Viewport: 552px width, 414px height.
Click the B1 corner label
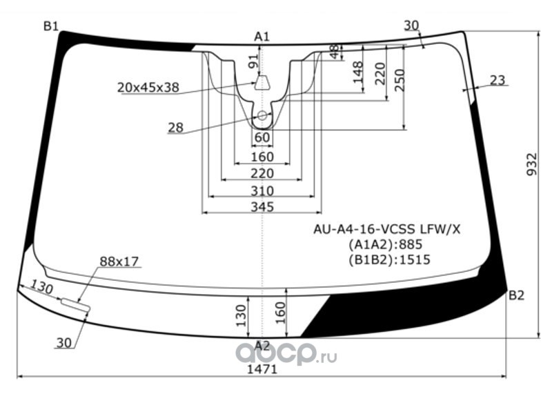(x=50, y=26)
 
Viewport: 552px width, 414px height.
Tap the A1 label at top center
(x=262, y=37)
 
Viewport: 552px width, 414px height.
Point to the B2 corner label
(x=516, y=295)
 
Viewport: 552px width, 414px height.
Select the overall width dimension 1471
(x=262, y=369)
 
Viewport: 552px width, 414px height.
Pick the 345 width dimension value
(x=262, y=206)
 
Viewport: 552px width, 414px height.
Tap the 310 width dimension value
(x=262, y=191)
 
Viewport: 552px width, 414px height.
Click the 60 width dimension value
(x=262, y=137)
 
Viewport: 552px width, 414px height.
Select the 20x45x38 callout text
(x=148, y=88)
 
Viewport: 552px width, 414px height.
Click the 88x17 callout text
(x=119, y=262)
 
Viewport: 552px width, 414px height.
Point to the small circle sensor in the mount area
(x=262, y=115)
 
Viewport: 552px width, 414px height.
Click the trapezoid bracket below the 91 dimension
(x=262, y=83)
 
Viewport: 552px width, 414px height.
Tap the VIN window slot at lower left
(x=76, y=304)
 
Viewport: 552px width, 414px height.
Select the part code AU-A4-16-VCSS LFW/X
(x=387, y=230)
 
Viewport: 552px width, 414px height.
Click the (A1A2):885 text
(x=386, y=244)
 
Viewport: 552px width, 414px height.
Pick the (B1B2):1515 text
(x=390, y=260)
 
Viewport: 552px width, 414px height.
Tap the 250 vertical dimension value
(x=400, y=80)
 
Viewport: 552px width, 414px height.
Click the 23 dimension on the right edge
(x=497, y=80)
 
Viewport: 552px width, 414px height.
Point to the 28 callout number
(x=176, y=128)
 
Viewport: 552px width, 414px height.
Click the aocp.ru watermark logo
(x=286, y=354)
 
